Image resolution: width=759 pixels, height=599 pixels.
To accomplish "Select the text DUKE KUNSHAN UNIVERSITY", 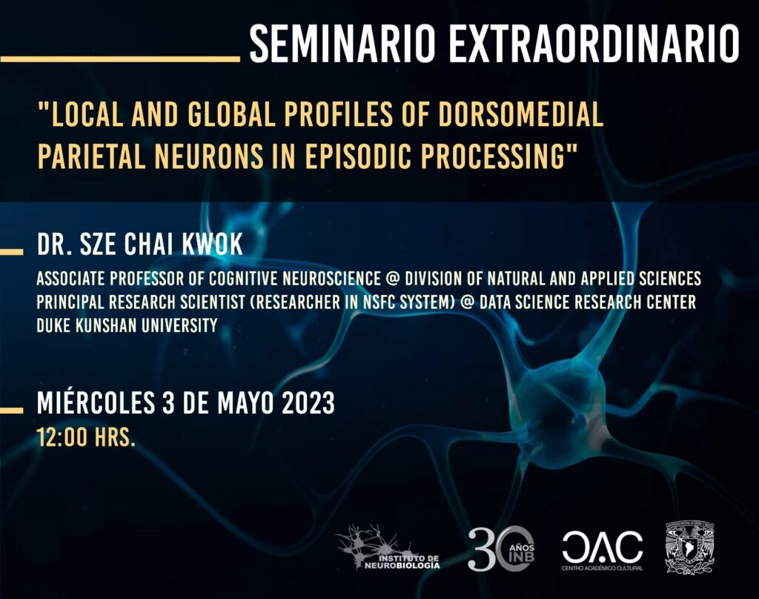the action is click(x=127, y=325).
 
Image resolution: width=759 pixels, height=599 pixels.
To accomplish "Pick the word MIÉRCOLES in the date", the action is click(x=96, y=403).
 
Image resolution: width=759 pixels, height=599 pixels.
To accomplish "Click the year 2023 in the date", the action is click(x=308, y=403).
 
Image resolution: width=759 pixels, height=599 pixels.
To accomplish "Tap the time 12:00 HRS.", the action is click(x=86, y=437).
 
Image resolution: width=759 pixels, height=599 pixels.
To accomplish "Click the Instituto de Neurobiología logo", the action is click(x=387, y=548).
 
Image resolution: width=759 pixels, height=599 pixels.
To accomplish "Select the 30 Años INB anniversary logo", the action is click(x=501, y=548).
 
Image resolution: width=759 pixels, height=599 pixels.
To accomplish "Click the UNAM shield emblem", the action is click(x=690, y=548).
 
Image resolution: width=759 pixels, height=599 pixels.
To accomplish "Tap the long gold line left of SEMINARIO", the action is click(x=120, y=59).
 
